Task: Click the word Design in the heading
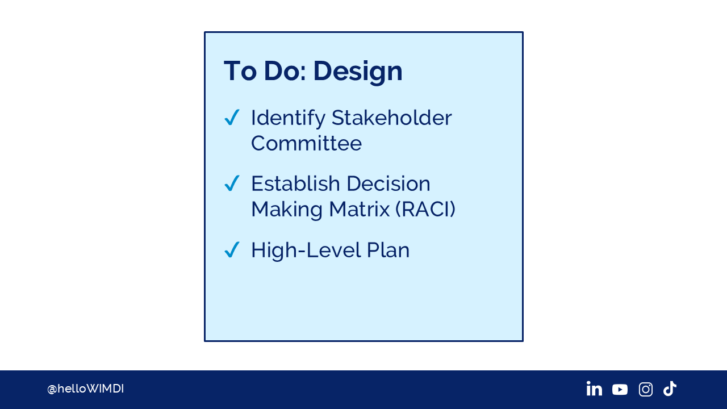point(358,72)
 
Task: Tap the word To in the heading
point(240,71)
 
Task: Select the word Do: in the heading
point(285,71)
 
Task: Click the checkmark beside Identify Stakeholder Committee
point(232,117)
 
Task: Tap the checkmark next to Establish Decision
point(232,183)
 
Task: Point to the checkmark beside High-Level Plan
point(232,249)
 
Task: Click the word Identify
point(288,119)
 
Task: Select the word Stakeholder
point(392,118)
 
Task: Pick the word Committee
point(306,144)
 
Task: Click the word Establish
point(296,183)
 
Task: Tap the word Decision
point(388,183)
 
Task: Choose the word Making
point(287,210)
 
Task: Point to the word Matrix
point(360,209)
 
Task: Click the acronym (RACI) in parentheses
point(426,209)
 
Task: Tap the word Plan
point(388,250)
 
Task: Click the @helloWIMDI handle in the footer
point(86,389)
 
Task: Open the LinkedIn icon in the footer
point(594,389)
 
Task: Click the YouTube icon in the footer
point(620,390)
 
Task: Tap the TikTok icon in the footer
point(670,389)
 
